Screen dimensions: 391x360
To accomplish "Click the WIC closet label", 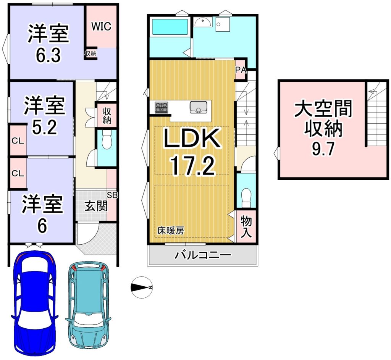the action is point(101,26).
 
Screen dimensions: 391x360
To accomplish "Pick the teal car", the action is point(89,305).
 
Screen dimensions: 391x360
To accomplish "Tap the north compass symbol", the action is point(142,287).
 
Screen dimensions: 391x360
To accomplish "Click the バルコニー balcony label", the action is point(203,255).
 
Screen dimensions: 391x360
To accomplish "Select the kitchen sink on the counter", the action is point(198,107).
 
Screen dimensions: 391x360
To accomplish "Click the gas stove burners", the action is point(162,107).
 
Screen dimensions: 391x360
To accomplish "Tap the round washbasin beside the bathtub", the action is point(202,22).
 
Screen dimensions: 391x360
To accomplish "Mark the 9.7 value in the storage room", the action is point(323,149).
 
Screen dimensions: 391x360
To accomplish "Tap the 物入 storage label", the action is point(246,226).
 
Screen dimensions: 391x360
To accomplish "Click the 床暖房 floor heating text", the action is point(171,231).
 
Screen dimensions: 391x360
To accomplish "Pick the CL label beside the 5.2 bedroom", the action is point(18,141).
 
